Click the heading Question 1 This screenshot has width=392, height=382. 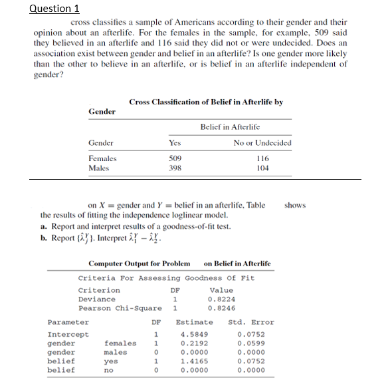[55, 9]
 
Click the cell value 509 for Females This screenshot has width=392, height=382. [175, 159]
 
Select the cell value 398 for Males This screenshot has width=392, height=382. [175, 169]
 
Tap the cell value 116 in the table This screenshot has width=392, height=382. [262, 159]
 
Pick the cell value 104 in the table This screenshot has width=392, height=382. [262, 169]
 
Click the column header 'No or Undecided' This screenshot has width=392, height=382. [262, 143]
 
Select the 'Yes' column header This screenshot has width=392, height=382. [175, 143]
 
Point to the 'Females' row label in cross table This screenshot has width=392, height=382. [102, 159]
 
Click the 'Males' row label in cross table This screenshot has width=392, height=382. [99, 169]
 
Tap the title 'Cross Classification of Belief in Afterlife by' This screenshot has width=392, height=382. [206, 102]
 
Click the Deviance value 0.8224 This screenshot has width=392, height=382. [221, 299]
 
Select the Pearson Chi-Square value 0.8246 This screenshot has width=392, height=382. [221, 308]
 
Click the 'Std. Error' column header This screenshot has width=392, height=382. [250, 322]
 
